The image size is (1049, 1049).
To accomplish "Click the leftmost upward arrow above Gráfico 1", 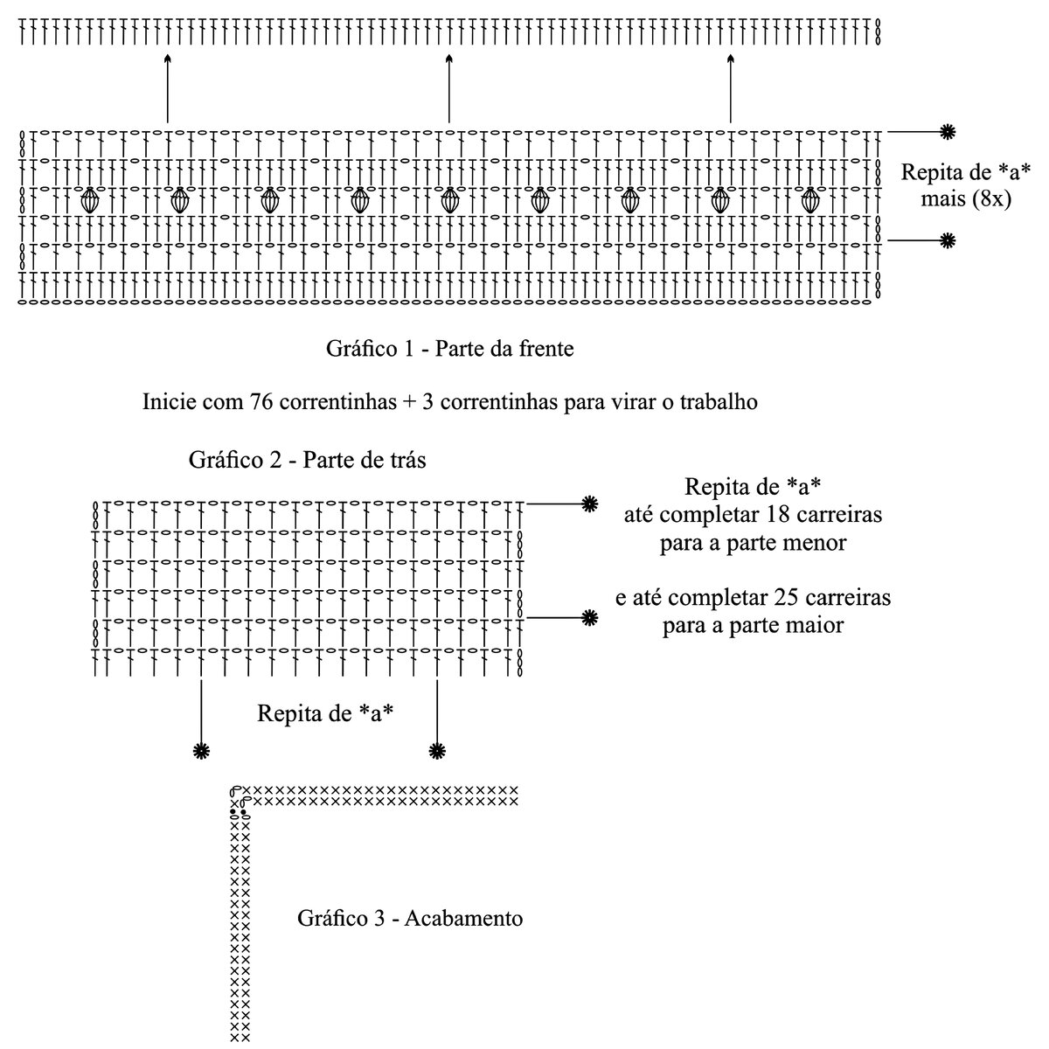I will pos(167,87).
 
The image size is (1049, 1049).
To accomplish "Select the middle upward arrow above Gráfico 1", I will pos(448,87).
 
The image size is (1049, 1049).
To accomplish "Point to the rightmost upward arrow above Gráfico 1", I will pos(731,87).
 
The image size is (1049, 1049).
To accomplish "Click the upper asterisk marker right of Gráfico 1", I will pos(947,132).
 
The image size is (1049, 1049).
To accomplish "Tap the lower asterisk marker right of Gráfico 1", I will pos(947,240).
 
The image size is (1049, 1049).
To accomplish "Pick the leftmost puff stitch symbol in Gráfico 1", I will pos(89,200).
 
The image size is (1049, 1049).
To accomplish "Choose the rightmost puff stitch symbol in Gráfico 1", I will pos(810,200).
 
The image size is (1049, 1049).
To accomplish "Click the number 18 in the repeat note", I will pos(780,514).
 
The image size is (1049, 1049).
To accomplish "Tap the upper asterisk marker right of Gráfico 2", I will pos(590,504).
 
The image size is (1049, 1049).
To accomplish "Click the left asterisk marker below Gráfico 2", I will pos(202,750).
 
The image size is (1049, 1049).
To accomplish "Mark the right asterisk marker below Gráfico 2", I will pos(436,750).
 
